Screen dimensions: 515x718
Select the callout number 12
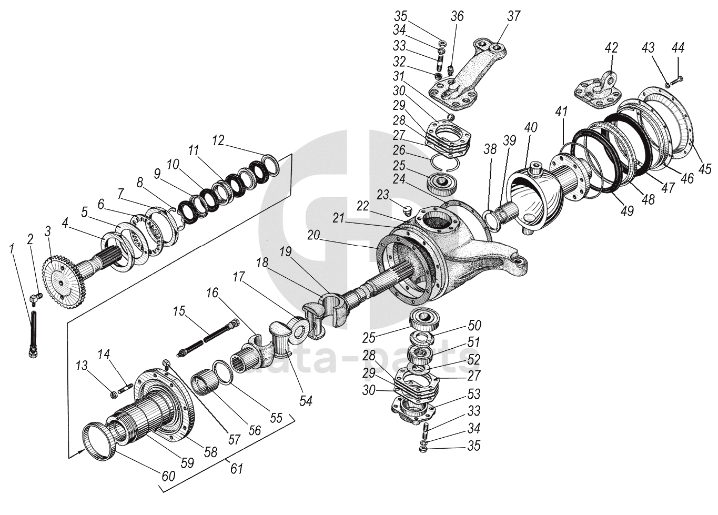218,140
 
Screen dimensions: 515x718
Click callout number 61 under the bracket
237,467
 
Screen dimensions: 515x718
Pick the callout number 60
168,476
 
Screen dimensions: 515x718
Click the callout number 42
611,48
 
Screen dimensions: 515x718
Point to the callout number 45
705,169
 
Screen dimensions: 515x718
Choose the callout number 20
314,236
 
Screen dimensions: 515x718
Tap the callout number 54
306,401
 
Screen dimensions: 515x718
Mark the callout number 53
473,394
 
